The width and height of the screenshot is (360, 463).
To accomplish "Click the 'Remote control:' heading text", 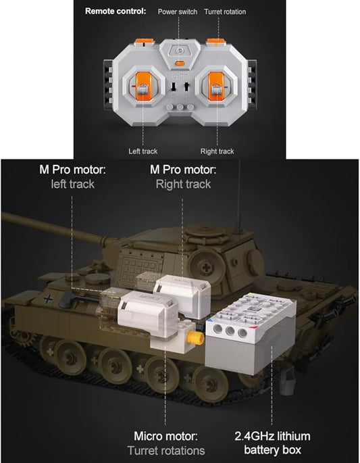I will coord(115,11).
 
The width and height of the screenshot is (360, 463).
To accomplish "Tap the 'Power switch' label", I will coord(178,11).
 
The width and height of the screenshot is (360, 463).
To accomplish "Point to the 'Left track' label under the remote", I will coord(143,151).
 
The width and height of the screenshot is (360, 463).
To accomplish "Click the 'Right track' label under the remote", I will coord(217,151).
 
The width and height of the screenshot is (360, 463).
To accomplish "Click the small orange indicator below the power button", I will coord(179,65).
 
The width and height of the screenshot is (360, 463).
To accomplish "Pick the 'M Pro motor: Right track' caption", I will coord(183,176).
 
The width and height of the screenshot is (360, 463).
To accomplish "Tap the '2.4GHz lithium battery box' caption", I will coord(272,443).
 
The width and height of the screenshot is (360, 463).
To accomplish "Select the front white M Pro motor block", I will coord(147,314).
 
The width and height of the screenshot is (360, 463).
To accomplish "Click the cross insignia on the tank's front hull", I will coord(47,298).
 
